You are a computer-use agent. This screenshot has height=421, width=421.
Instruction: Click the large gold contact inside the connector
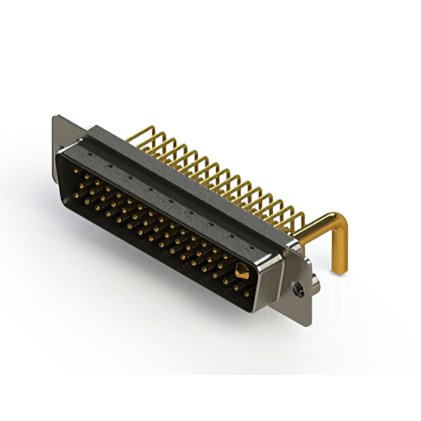click(x=241, y=270)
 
